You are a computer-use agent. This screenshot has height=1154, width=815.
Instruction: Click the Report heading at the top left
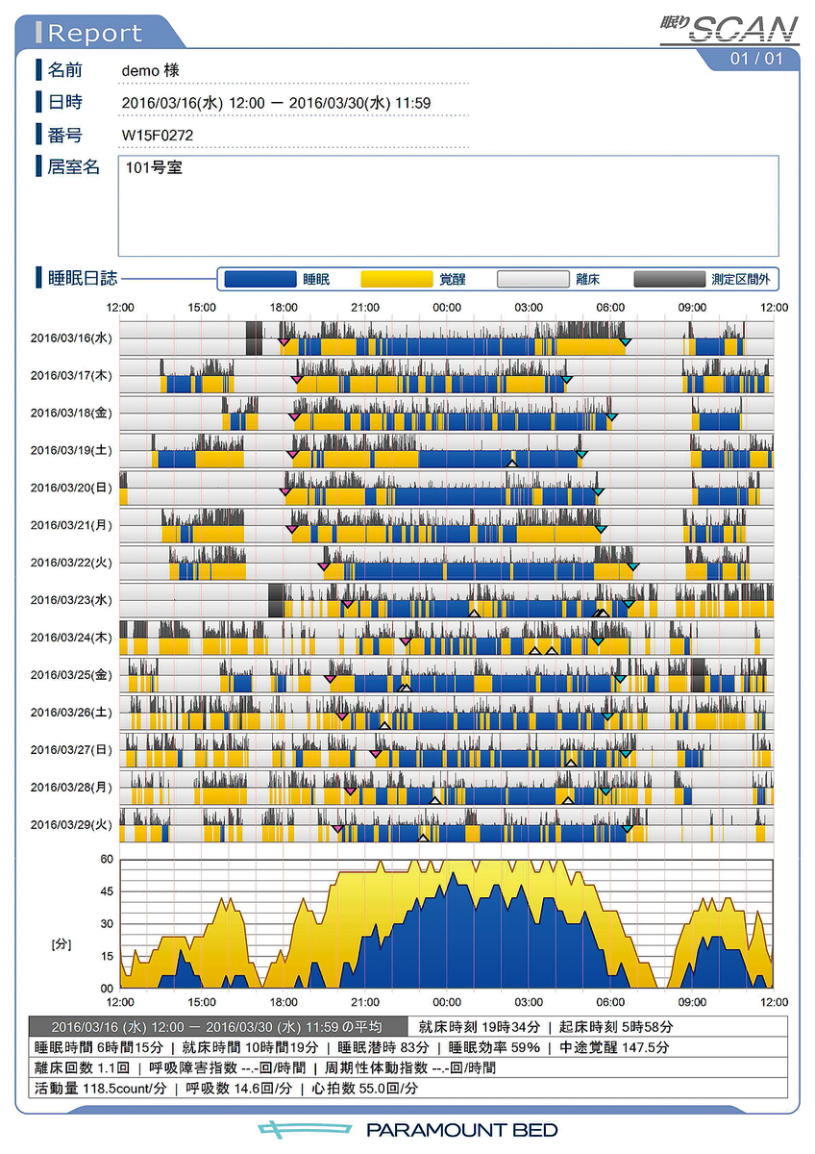click(94, 34)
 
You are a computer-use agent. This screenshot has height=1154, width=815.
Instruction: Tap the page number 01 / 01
click(756, 59)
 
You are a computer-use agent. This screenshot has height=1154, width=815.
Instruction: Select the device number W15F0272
click(158, 135)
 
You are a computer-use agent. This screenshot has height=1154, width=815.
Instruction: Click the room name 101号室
click(154, 168)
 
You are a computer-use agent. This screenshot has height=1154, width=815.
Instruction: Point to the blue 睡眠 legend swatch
click(259, 279)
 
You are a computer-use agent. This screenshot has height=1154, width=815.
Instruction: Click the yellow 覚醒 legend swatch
click(396, 279)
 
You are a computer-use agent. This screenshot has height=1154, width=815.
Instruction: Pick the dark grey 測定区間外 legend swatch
click(669, 279)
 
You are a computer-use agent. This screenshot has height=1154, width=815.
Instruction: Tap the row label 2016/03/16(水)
click(72, 338)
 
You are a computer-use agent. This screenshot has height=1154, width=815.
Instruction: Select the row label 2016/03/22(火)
click(72, 563)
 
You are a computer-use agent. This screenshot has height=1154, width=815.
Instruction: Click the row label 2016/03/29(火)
click(72, 825)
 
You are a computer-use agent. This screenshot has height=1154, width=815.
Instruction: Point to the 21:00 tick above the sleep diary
click(365, 307)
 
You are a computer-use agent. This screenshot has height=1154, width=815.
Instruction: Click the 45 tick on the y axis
click(107, 891)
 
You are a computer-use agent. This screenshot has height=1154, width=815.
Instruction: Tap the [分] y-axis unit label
click(62, 945)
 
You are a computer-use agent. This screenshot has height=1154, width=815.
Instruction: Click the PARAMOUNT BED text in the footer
click(461, 1130)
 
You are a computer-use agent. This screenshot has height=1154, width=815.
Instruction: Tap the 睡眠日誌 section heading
click(83, 279)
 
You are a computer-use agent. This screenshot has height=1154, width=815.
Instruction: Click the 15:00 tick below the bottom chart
click(202, 1001)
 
